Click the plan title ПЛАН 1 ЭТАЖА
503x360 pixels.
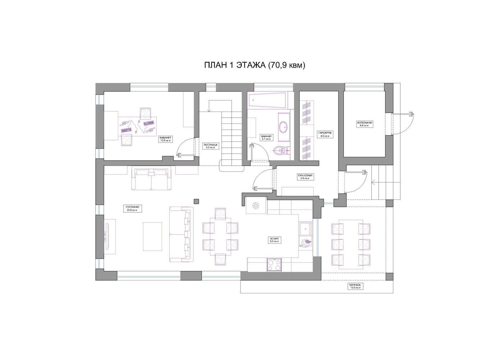pyautogui.click(x=254, y=65)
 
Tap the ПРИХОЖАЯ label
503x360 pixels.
pyautogui.click(x=305, y=176)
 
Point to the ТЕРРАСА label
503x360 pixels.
pyautogui.click(x=355, y=286)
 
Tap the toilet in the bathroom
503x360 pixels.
pyautogui.click(x=278, y=150)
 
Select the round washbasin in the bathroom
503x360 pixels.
pyautogui.click(x=284, y=127)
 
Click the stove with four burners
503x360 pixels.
pyautogui.click(x=274, y=265)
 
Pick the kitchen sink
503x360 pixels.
pyautogui.click(x=305, y=228)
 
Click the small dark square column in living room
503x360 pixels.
pyautogui.click(x=196, y=201)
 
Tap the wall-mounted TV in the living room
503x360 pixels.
pyautogui.click(x=107, y=235)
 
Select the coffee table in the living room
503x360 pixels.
pyautogui.click(x=153, y=236)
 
